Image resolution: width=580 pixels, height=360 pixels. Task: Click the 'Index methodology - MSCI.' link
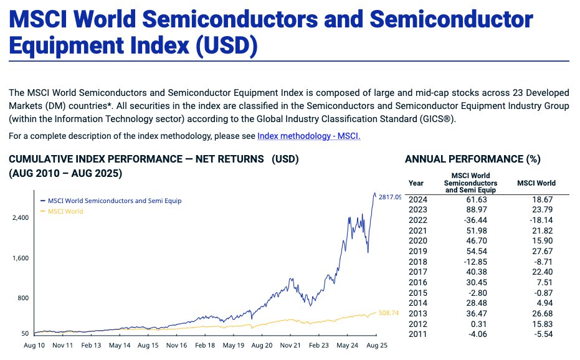308,136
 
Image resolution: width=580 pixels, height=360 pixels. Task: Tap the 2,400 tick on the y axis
21,218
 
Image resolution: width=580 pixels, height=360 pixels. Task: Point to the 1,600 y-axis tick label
21,258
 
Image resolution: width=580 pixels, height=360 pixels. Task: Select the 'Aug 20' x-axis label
262,344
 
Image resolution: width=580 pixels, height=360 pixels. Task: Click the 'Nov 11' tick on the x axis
63,344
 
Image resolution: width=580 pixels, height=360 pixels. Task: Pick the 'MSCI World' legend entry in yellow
65,212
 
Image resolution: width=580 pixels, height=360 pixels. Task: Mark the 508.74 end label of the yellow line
388,313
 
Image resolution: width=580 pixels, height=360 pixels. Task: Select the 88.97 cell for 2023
470,211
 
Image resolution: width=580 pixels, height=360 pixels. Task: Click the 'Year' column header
416,183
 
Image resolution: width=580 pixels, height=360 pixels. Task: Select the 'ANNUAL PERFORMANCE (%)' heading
472,159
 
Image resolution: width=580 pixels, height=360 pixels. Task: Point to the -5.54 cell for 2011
536,334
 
